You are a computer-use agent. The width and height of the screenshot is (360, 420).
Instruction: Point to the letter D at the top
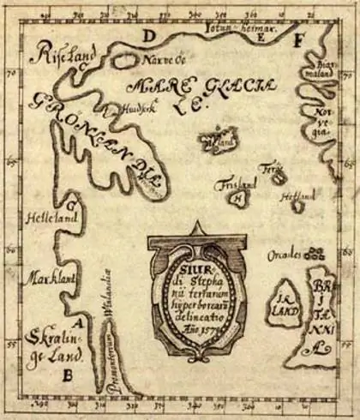coord(149,36)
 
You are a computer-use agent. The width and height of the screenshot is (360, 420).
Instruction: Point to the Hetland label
coord(303,196)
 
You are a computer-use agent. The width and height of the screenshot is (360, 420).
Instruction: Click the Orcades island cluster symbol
coord(315,254)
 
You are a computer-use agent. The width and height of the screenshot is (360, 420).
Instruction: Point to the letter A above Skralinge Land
coord(80,323)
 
